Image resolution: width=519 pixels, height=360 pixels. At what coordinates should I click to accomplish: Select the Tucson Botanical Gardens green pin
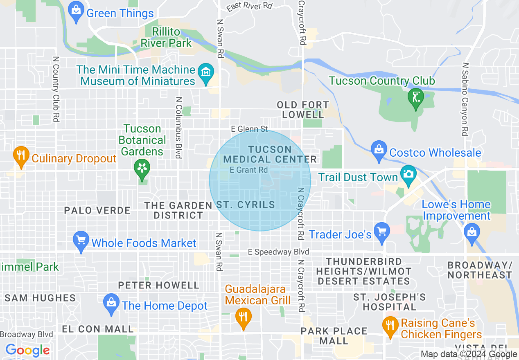coord(142,169)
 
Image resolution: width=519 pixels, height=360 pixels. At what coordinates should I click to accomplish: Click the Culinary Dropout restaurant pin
coord(20,156)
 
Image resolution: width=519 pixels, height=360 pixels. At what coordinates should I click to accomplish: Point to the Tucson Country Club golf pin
coord(415,98)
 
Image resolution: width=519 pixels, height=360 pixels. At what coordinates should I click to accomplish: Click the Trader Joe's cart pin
coord(382,232)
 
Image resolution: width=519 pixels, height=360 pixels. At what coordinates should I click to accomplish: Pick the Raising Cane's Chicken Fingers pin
coord(390,326)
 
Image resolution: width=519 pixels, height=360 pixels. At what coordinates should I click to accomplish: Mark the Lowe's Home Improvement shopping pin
coord(472,232)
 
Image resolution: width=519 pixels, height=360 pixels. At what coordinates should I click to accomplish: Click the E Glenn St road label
coord(249,129)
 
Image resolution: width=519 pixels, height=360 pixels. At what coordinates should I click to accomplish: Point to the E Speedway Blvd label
coord(278,252)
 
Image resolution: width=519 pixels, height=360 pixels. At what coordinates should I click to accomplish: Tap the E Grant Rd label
coord(249,169)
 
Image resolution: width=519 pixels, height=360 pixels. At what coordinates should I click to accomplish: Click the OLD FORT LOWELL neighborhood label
coord(303,110)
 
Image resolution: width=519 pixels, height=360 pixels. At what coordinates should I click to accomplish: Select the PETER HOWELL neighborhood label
coord(158,285)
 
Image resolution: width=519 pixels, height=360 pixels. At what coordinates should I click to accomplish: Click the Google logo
coord(27,350)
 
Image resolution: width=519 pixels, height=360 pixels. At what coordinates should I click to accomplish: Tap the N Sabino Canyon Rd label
coord(465,99)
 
